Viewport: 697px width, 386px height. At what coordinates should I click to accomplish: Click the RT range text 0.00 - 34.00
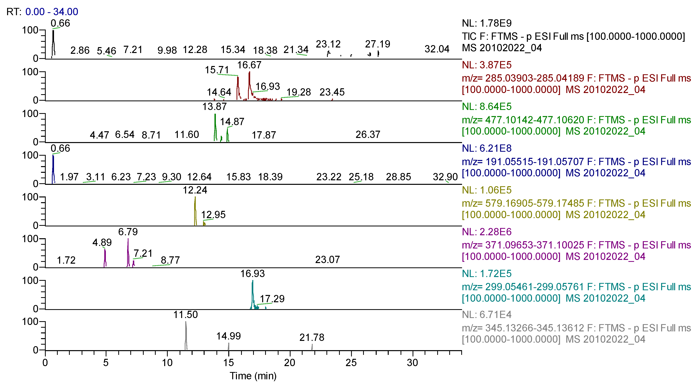click(52, 12)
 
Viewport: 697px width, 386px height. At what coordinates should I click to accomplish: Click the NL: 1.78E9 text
click(486, 23)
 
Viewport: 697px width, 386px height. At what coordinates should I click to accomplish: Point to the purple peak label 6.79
click(128, 232)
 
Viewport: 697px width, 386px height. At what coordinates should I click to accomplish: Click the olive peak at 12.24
click(195, 211)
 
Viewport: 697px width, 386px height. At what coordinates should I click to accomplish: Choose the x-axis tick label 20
click(290, 363)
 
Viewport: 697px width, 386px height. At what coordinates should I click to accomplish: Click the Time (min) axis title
click(253, 376)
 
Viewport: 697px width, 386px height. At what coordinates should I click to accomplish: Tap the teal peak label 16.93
click(253, 273)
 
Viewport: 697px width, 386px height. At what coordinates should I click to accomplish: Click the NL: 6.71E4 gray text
click(486, 315)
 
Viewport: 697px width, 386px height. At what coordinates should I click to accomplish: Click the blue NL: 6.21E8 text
click(486, 148)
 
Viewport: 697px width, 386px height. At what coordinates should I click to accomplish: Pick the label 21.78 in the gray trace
click(312, 337)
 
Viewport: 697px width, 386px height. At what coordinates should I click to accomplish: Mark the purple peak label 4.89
click(102, 242)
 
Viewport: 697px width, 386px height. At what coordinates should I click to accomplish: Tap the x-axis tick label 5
click(106, 363)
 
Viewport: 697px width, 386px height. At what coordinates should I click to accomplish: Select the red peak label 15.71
click(217, 70)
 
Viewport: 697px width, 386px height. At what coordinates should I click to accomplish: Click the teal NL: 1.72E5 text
click(486, 273)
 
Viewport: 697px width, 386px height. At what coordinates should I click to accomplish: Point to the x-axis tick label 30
click(412, 363)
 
